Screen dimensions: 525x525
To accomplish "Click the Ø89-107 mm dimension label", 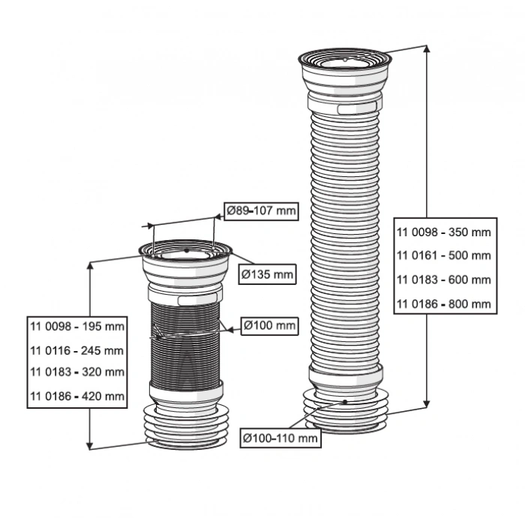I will [262, 211].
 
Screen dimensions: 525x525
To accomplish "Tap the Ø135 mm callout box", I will [266, 274].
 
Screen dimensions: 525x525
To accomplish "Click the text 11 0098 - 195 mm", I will [77, 327].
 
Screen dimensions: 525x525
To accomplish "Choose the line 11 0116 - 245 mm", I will [77, 350].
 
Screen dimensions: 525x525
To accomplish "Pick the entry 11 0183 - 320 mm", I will [77, 372].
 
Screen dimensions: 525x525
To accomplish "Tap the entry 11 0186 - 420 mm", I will [77, 395].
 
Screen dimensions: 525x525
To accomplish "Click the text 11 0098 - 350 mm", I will [443, 232].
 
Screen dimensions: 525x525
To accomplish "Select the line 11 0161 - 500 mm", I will [443, 255].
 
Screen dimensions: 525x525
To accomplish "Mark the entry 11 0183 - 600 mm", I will [443, 280].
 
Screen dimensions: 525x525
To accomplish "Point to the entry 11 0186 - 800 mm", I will [443, 304].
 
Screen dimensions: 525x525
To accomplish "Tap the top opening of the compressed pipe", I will [184, 253].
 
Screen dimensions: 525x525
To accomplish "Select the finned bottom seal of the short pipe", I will [184, 427].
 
